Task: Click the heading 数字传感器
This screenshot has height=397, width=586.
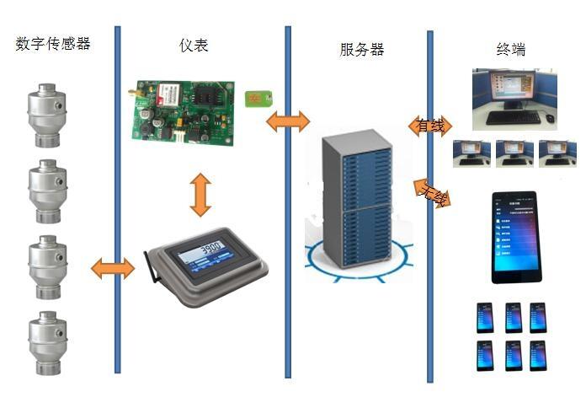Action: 52,44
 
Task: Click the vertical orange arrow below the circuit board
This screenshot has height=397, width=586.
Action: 199,195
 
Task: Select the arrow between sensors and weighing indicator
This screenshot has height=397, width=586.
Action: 112,269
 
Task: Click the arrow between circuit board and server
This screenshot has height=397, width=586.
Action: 287,122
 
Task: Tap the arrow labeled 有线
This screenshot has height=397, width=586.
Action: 429,126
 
